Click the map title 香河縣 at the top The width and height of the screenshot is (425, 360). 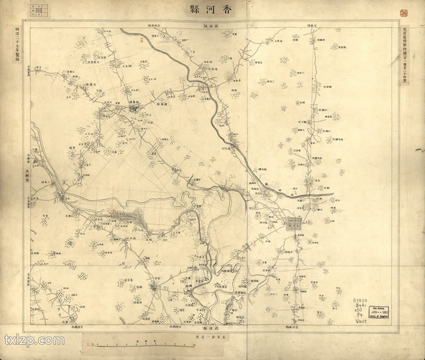(212, 10)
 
